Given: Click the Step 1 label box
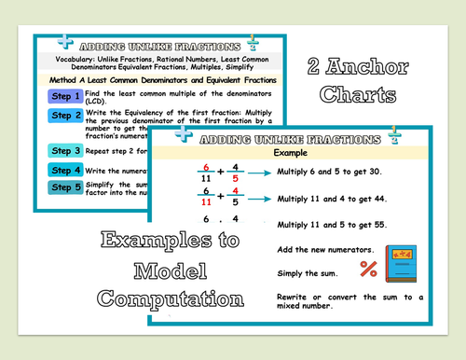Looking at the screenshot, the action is [x=67, y=96].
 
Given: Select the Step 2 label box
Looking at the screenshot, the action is [x=67, y=116].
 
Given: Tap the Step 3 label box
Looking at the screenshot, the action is [x=67, y=151].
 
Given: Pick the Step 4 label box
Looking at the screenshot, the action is [x=67, y=170].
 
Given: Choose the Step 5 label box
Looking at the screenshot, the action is [x=67, y=187].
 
